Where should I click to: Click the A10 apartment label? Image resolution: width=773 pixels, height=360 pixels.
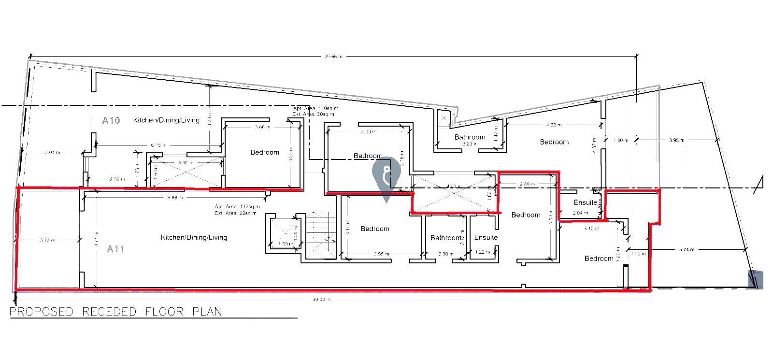coord(111,120)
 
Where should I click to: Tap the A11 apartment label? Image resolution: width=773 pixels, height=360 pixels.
coord(115,249)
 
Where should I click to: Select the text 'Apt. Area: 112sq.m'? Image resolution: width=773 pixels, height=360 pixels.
coord(236,207)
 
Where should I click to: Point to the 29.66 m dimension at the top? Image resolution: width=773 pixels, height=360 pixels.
coord(333,57)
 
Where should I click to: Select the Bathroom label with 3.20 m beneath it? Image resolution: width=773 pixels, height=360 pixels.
coord(470,137)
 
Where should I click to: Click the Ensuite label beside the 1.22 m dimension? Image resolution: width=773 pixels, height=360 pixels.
coord(486,237)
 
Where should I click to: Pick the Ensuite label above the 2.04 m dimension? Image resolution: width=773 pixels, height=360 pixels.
coord(586,202)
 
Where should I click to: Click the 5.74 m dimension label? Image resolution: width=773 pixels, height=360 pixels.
coord(686,250)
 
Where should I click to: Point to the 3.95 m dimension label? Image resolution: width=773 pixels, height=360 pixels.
coord(676,141)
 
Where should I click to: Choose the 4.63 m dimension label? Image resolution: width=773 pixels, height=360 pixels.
coord(554,125)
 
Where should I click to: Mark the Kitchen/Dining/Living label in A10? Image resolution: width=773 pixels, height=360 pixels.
coord(166,120)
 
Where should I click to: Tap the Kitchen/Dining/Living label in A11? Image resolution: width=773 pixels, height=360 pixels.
coord(194,237)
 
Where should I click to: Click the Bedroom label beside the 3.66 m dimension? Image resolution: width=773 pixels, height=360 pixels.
coord(265,152)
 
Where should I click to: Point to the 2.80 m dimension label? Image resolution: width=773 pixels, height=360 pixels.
coord(526,184)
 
